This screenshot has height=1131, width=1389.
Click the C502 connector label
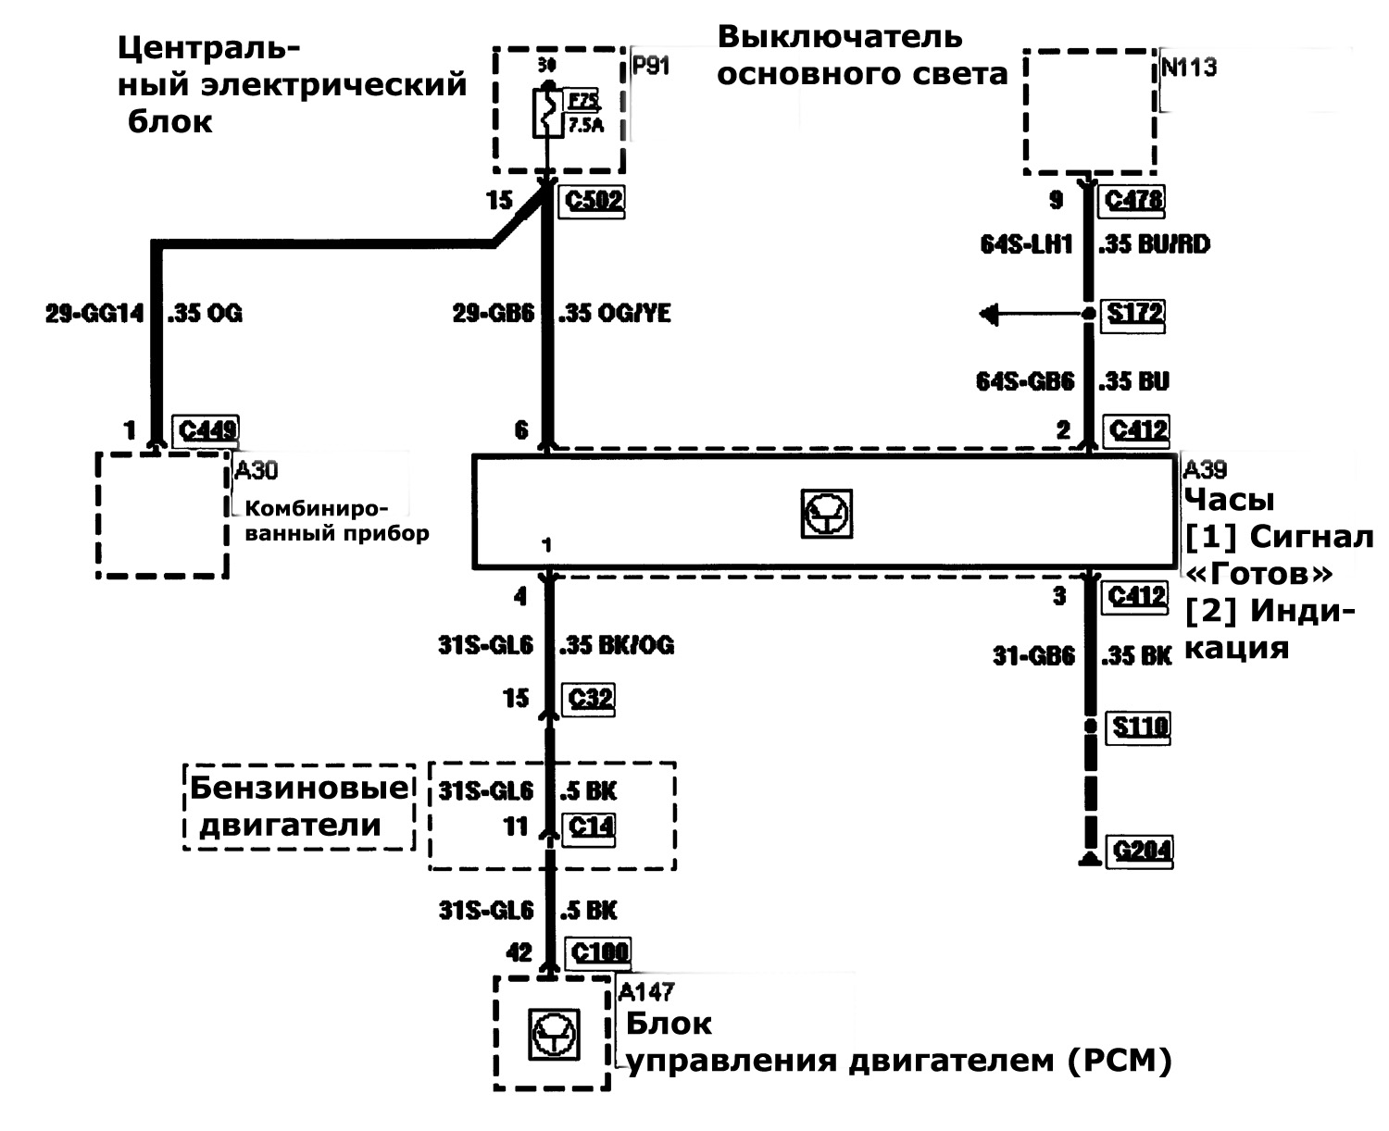click(593, 199)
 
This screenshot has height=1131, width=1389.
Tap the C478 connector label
click(1133, 199)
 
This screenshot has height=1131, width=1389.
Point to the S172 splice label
click(1135, 313)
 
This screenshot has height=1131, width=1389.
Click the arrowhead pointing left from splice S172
click(989, 315)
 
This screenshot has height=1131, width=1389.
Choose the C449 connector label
click(208, 429)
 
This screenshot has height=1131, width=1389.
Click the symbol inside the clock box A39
click(826, 515)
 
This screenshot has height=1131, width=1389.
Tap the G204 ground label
click(1142, 849)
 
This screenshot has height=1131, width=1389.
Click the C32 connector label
click(590, 698)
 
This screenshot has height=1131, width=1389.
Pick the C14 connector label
click(590, 826)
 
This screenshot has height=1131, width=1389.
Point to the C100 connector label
click(599, 951)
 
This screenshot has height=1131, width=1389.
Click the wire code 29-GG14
click(94, 314)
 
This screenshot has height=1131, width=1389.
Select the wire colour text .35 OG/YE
click(615, 314)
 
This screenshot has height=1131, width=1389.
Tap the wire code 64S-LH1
click(1026, 244)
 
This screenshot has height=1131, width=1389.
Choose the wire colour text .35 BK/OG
click(617, 645)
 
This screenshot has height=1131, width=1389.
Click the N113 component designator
click(1189, 68)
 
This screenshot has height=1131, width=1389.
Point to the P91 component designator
click(650, 67)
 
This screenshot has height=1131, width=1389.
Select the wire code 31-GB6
click(1033, 656)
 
